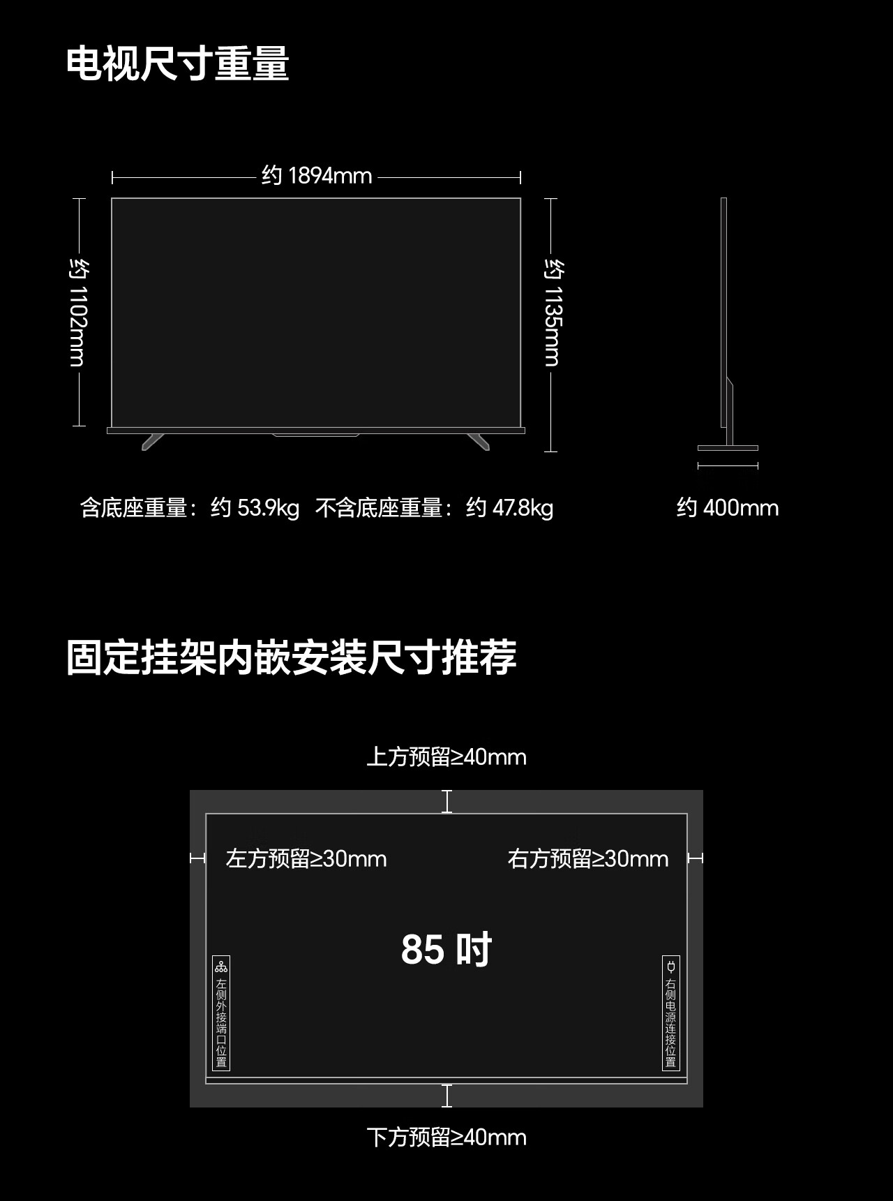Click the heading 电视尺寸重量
pos(177,64)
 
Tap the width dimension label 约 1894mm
pos(317,175)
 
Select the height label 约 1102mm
pos(79,312)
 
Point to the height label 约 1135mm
pos(553,312)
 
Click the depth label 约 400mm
pos(727,507)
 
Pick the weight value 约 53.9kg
pos(255,507)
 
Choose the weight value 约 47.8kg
pos(509,507)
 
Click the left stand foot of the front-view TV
pos(152,441)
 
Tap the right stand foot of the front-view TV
pos(479,441)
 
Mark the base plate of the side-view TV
pos(728,448)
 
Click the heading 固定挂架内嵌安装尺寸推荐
pos(291,657)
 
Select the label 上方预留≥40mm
pos(446,756)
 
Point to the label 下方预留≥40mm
pos(446,1137)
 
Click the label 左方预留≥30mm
pos(306,858)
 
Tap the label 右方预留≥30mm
pos(587,858)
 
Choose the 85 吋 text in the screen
pos(446,949)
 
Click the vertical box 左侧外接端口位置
pos(221,1013)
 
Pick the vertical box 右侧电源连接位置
pos(670,1013)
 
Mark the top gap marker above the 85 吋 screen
pos(447,802)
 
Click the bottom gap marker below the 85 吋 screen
pos(447,1096)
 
